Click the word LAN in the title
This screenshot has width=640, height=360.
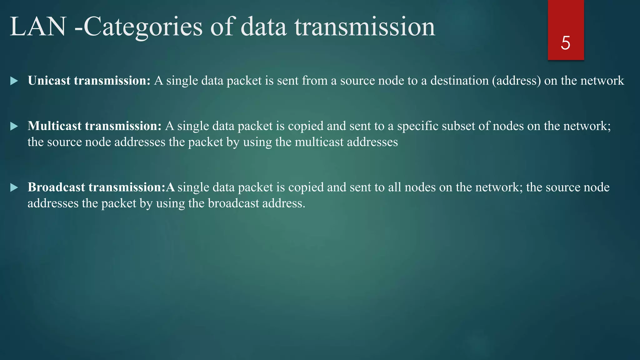[x=38, y=27]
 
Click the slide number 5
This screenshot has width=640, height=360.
[x=565, y=43]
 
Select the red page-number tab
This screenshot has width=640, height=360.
[x=566, y=19]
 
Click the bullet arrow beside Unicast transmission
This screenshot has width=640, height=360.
[x=14, y=81]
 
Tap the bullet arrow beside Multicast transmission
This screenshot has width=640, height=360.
[x=14, y=127]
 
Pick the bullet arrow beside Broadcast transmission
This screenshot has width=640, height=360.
[x=14, y=188]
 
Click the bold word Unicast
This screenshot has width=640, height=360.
[x=49, y=81]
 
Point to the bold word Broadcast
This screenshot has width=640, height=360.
[x=56, y=187]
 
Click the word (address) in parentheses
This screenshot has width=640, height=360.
[x=516, y=81]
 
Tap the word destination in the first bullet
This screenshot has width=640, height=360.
[x=459, y=81]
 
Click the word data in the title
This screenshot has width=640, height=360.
[x=263, y=27]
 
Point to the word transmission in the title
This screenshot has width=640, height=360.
[x=364, y=27]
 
